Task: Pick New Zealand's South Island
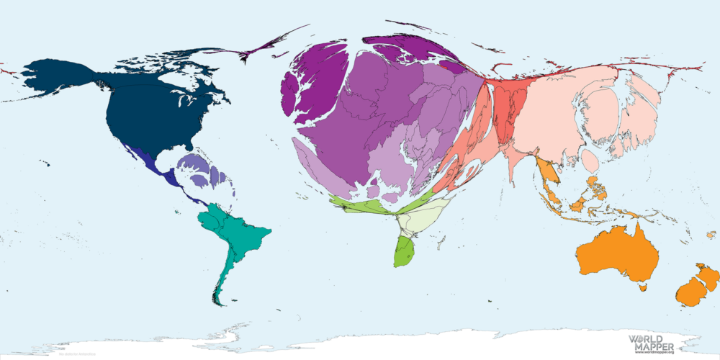[x=690, y=292]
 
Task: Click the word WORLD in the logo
[x=646, y=338]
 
